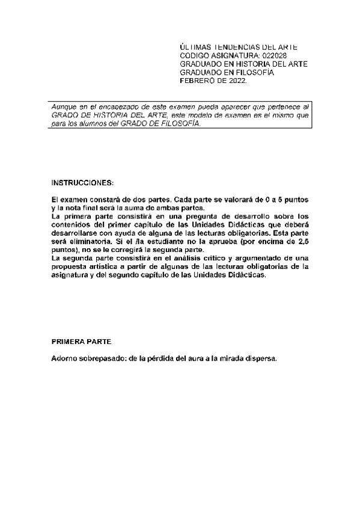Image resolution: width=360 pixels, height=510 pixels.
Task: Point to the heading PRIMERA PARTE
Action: coord(81,341)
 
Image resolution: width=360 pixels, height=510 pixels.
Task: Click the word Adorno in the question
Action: coord(65,358)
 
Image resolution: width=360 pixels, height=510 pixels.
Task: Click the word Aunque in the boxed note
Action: coord(63,106)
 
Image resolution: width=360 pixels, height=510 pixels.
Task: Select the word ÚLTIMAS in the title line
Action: coord(197,46)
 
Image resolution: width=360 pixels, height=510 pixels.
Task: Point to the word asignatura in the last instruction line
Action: coord(71,275)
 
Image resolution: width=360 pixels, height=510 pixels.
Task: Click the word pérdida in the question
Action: coord(162,358)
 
